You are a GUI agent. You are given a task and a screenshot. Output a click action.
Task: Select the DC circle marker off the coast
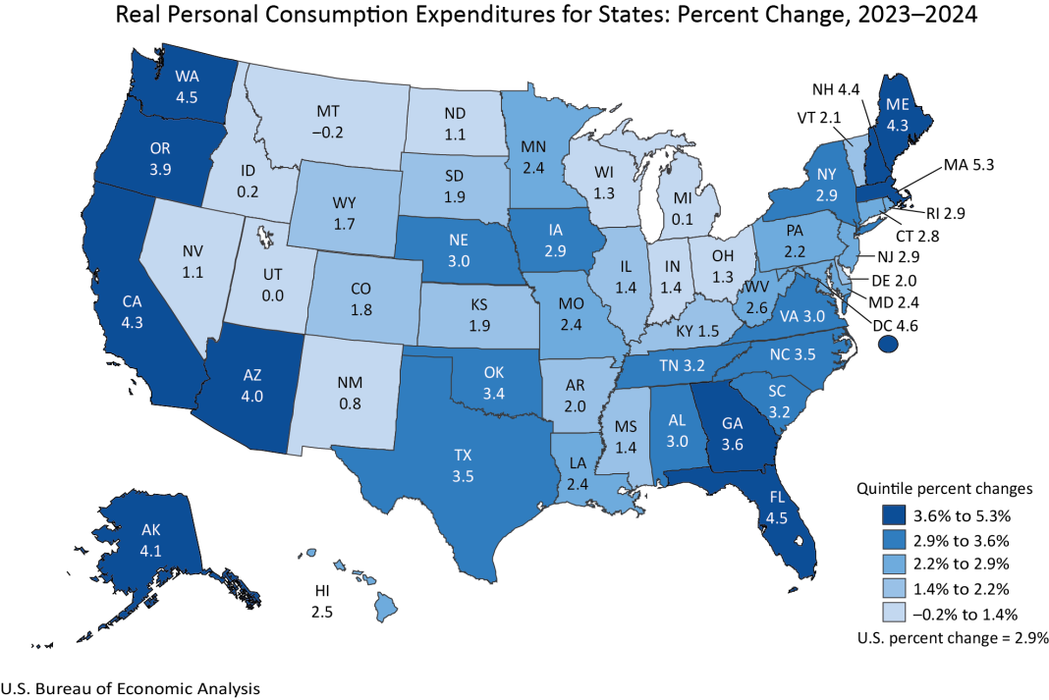coord(889,343)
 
